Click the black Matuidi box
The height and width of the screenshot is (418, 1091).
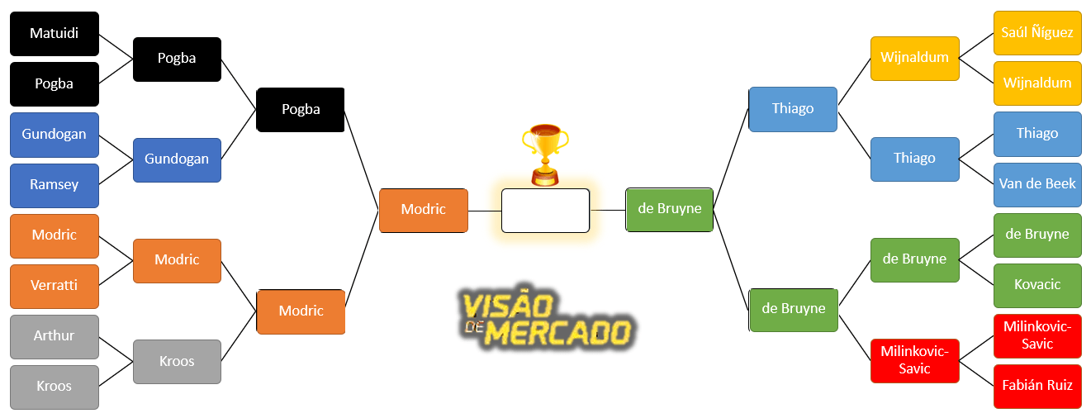(x=54, y=34)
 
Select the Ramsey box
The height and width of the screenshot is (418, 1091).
(x=54, y=185)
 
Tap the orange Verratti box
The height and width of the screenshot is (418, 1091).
(x=54, y=286)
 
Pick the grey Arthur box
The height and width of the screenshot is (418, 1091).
(x=54, y=336)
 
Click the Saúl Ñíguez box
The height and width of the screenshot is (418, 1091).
(x=1037, y=33)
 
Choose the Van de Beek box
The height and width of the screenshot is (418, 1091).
(x=1037, y=184)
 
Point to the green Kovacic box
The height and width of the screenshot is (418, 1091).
(x=1037, y=285)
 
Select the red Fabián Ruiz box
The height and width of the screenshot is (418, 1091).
(x=1037, y=386)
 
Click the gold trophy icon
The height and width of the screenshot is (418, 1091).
(x=545, y=154)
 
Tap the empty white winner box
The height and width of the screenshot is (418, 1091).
(x=545, y=211)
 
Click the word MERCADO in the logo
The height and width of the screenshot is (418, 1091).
(x=558, y=333)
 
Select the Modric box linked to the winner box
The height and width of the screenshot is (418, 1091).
(x=424, y=210)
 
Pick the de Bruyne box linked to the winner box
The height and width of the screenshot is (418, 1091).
(x=669, y=209)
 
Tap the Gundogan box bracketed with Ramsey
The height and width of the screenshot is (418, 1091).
(x=177, y=159)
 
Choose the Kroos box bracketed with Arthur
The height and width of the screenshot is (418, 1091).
(x=177, y=362)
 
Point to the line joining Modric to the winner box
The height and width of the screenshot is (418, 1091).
(x=485, y=211)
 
